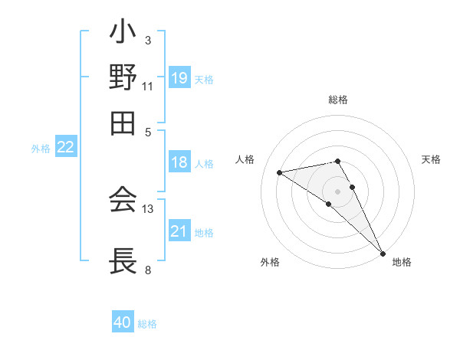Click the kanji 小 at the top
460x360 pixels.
(123, 35)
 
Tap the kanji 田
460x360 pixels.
(123, 123)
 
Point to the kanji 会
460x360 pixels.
(123, 201)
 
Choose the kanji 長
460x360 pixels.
(123, 261)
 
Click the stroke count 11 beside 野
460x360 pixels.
(148, 86)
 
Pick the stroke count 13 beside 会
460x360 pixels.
(148, 208)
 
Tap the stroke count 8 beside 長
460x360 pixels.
(148, 270)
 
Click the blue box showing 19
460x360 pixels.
(179, 77)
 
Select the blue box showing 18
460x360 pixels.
(179, 162)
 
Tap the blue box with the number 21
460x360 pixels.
(179, 231)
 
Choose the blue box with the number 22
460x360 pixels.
(65, 148)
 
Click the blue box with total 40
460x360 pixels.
(123, 322)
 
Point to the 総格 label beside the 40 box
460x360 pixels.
(147, 324)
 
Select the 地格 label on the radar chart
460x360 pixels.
(402, 262)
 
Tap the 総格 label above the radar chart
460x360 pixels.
(337, 100)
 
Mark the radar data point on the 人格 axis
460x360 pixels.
(279, 172)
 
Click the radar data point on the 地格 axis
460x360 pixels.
(383, 254)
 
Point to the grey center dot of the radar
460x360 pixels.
(337, 190)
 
